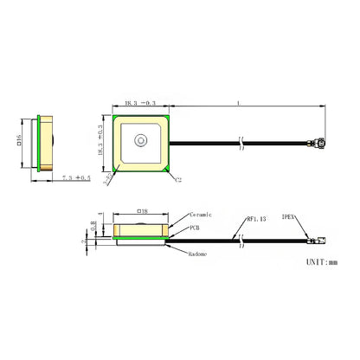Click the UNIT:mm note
click(323, 260)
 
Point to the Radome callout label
click(200, 253)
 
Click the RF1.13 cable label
click(258, 219)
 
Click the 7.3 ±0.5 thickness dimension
click(76, 178)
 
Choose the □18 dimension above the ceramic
click(142, 210)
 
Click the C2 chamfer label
click(177, 180)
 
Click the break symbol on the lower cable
click(241, 234)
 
